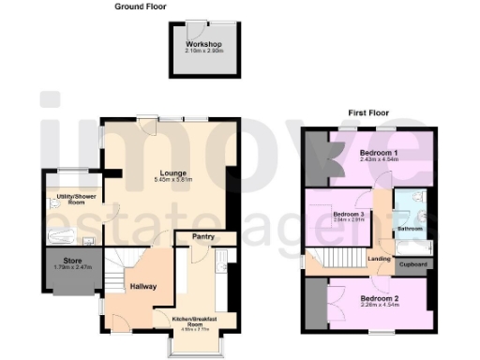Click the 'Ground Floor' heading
click(x=142, y=6)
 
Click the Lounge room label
click(x=172, y=172)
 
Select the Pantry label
click(x=203, y=237)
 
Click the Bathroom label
click(x=410, y=228)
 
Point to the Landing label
click(x=379, y=258)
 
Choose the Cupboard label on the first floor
click(x=412, y=264)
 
